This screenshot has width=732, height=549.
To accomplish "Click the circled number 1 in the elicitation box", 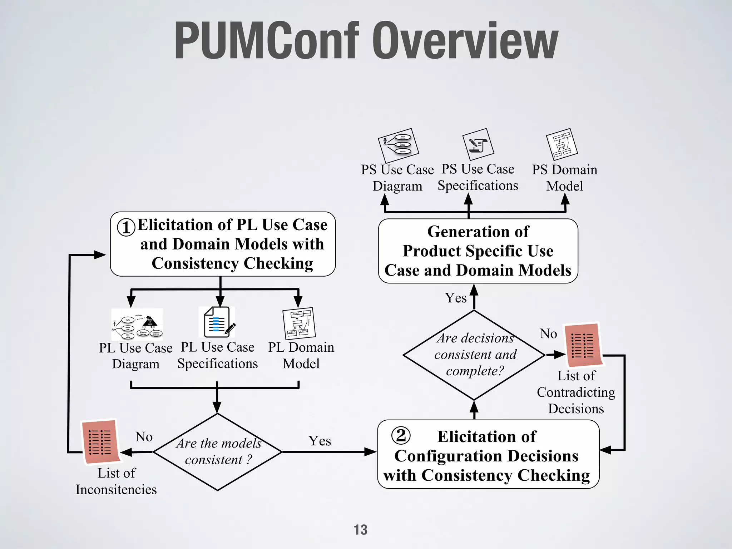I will [x=126, y=227].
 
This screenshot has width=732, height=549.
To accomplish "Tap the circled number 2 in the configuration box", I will [x=401, y=435].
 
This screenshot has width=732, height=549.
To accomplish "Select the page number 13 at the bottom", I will [x=360, y=530].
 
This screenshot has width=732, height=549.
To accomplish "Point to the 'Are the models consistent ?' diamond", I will [x=217, y=452].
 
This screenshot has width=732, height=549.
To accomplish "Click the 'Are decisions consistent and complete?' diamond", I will [x=474, y=355].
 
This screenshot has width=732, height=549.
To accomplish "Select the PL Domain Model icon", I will [x=299, y=323].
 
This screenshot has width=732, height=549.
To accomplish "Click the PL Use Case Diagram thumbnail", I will [x=137, y=324].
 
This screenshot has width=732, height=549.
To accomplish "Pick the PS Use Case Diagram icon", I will [x=399, y=145].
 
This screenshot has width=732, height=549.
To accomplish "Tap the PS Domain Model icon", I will [x=562, y=144].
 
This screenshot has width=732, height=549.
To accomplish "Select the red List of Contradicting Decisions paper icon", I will [x=583, y=345].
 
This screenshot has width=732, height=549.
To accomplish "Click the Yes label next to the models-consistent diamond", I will [x=320, y=441].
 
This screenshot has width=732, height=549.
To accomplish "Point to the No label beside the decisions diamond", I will [x=548, y=334].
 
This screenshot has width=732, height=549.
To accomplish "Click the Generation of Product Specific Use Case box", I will [x=478, y=251].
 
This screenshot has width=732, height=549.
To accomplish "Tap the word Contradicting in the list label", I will [x=576, y=392].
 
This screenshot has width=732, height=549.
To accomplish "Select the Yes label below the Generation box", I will [x=456, y=298].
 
